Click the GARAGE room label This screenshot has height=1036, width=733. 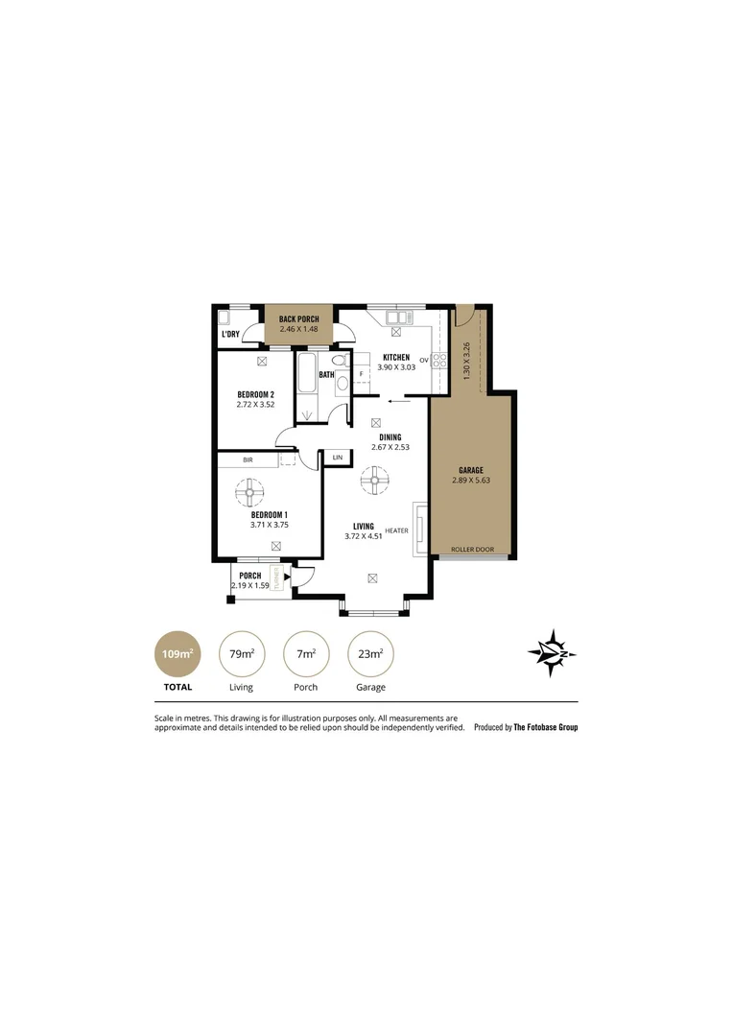(x=470, y=470)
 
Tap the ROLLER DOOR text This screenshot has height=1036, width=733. (x=472, y=550)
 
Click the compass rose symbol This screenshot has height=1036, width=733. (x=552, y=654)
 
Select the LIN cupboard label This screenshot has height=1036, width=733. (x=337, y=459)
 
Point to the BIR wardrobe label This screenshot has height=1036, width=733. (x=248, y=460)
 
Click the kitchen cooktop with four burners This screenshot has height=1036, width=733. (x=440, y=361)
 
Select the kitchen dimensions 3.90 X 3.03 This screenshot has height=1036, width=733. (x=396, y=367)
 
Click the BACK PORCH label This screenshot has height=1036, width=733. (x=298, y=318)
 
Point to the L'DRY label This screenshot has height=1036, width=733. (x=230, y=334)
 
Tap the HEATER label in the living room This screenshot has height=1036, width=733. (x=396, y=530)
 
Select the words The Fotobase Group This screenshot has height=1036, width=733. (x=546, y=727)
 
